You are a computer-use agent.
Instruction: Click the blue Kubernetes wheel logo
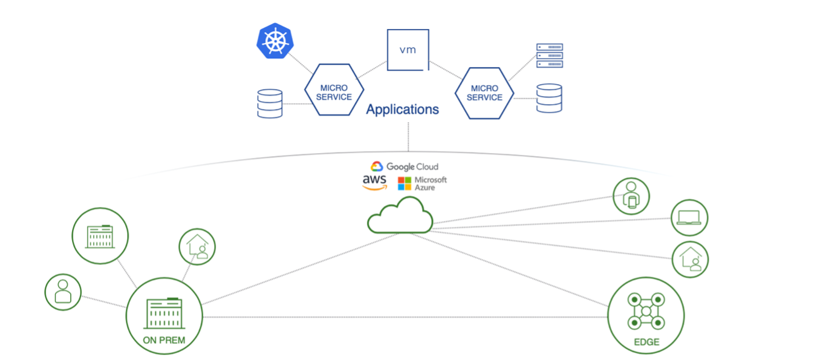(x=275, y=41)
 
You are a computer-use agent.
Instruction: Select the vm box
(x=408, y=50)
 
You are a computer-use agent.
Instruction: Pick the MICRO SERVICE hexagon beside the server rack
(x=484, y=93)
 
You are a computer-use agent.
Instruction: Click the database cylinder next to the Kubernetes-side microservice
(x=270, y=103)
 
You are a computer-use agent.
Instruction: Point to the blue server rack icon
(x=549, y=56)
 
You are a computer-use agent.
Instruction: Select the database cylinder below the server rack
(x=549, y=98)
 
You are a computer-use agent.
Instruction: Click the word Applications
(x=402, y=110)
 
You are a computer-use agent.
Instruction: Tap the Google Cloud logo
(x=404, y=166)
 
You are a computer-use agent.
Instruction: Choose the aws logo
(x=374, y=182)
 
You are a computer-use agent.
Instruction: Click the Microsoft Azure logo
(x=422, y=183)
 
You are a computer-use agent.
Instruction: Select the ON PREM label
(x=164, y=340)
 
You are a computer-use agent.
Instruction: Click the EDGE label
(x=646, y=342)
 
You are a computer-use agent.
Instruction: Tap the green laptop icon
(x=689, y=218)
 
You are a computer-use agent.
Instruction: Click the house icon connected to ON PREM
(x=197, y=247)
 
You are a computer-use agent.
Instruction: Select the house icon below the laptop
(x=690, y=259)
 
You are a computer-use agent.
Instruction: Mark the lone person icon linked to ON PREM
(x=63, y=292)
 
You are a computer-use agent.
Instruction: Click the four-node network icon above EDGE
(x=646, y=310)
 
